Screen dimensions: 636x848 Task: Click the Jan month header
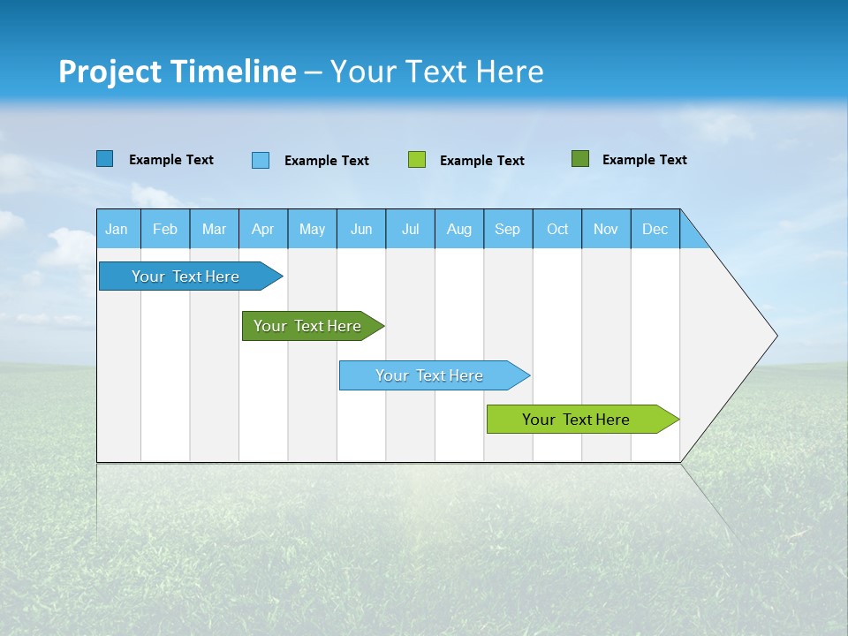click(x=117, y=229)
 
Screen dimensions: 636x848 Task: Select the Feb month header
click(x=165, y=229)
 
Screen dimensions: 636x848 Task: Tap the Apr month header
click(x=262, y=229)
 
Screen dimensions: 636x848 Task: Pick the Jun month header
click(x=361, y=229)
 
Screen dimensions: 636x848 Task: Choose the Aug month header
click(x=458, y=229)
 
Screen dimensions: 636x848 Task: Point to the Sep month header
click(x=508, y=229)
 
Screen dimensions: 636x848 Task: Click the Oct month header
click(x=557, y=229)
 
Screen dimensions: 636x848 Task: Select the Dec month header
click(x=655, y=229)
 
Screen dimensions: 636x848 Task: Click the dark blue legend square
click(x=105, y=159)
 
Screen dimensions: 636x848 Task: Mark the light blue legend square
click(x=261, y=160)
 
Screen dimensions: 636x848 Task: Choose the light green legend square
click(x=417, y=160)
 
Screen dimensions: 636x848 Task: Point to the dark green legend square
click(x=580, y=159)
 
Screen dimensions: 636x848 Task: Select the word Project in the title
click(x=110, y=72)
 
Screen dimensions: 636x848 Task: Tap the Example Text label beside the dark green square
click(x=644, y=159)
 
